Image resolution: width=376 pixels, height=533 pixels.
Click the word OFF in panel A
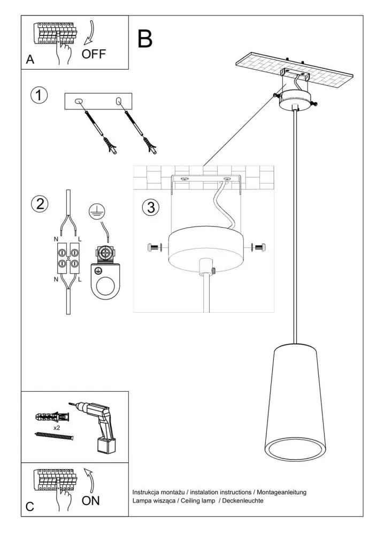coord(94,54)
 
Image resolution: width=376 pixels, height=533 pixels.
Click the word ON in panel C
coord(91,501)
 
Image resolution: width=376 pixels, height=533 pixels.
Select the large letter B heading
coord(144,39)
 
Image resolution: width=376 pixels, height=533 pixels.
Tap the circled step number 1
coord(39,95)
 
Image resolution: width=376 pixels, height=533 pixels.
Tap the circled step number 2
coord(39,204)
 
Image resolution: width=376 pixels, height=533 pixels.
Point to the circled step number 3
coord(151,207)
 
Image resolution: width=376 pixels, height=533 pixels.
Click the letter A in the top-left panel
coord(30,60)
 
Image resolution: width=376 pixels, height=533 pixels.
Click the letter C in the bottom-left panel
coord(30,506)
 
